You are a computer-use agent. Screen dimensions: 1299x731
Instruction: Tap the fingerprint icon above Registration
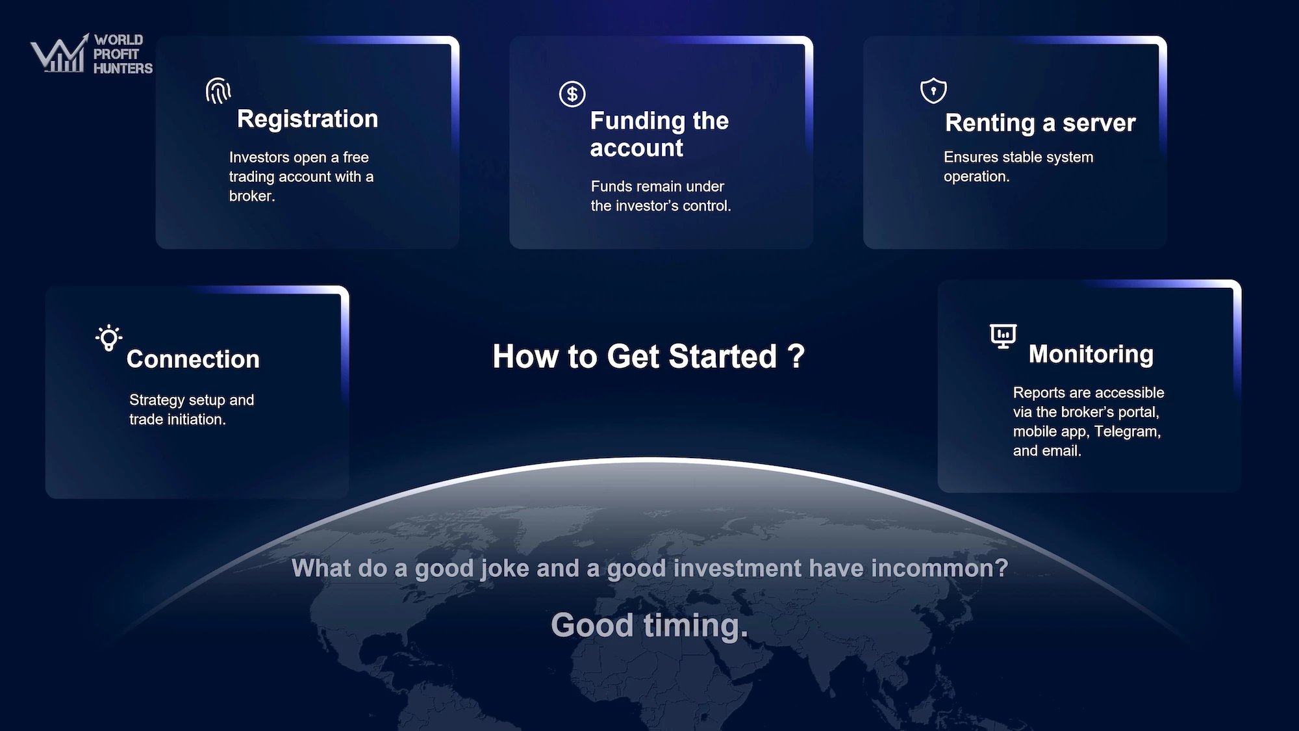218,91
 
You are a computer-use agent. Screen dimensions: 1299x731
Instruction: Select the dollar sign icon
572,94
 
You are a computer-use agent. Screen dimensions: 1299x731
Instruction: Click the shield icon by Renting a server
933,90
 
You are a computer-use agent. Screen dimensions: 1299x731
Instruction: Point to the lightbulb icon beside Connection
108,338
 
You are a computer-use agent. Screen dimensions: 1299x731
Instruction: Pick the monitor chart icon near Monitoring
1003,336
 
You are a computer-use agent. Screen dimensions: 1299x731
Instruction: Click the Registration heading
307,119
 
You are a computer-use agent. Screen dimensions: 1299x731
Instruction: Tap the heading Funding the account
659,135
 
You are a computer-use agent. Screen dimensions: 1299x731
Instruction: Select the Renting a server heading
1040,123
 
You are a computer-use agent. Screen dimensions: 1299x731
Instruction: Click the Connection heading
193,359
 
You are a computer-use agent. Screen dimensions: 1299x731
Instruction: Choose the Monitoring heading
1091,354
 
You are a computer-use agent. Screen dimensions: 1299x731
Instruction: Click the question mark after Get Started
796,356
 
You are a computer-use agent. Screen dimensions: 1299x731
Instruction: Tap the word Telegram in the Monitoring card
1127,431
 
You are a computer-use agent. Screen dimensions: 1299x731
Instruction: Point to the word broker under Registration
251,196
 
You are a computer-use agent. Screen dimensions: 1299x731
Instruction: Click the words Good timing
649,626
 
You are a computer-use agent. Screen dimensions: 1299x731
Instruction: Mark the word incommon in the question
939,569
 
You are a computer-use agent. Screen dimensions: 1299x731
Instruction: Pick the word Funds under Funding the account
611,186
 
